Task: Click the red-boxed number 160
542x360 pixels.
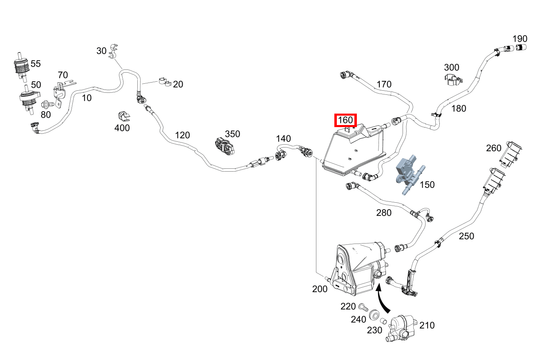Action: pos(345,121)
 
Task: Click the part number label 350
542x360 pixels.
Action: pos(232,134)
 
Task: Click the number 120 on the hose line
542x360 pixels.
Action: pos(182,135)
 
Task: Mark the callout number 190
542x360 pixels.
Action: pos(520,39)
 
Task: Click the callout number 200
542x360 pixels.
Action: pos(320,289)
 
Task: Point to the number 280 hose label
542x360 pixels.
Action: pos(384,212)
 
